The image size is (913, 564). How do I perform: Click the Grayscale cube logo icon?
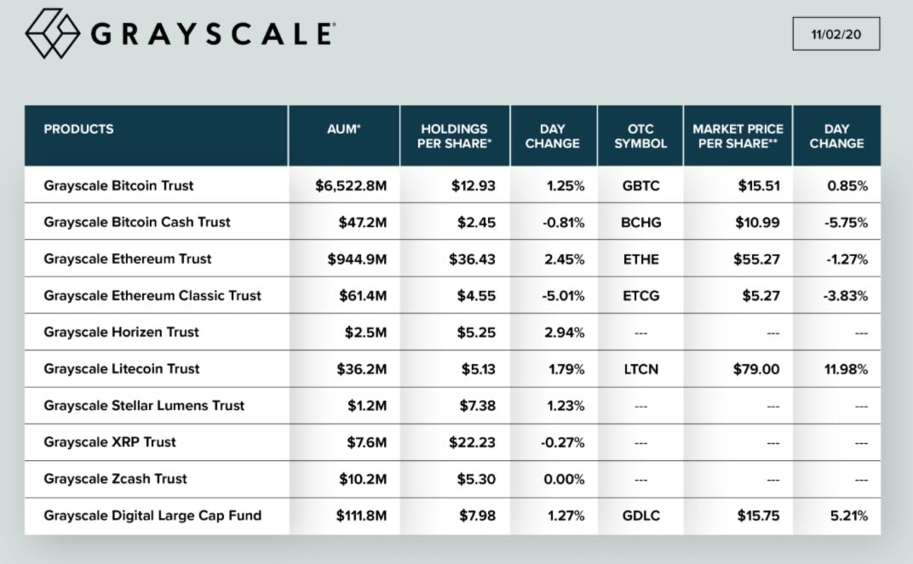53,33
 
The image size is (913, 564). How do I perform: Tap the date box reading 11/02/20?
835,33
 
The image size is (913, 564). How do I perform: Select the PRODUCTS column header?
78,129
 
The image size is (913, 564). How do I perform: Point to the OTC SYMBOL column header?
640,136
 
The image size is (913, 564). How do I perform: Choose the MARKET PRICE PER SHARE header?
738,136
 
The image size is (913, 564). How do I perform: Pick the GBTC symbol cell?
640,185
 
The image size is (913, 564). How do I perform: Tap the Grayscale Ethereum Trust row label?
128,259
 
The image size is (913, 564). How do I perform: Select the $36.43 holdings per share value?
473,259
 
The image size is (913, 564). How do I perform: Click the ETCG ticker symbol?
640,295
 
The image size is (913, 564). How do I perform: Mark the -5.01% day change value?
563,295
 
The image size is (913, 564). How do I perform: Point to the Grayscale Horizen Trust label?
121,332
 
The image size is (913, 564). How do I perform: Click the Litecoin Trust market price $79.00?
756,368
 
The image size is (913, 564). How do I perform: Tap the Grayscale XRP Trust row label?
109,442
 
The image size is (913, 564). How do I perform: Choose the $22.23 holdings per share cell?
473,442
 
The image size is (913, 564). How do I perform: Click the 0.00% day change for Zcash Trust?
563,478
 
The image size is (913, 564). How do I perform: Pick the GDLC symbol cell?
640,515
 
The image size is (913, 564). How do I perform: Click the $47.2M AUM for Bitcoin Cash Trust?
364,222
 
